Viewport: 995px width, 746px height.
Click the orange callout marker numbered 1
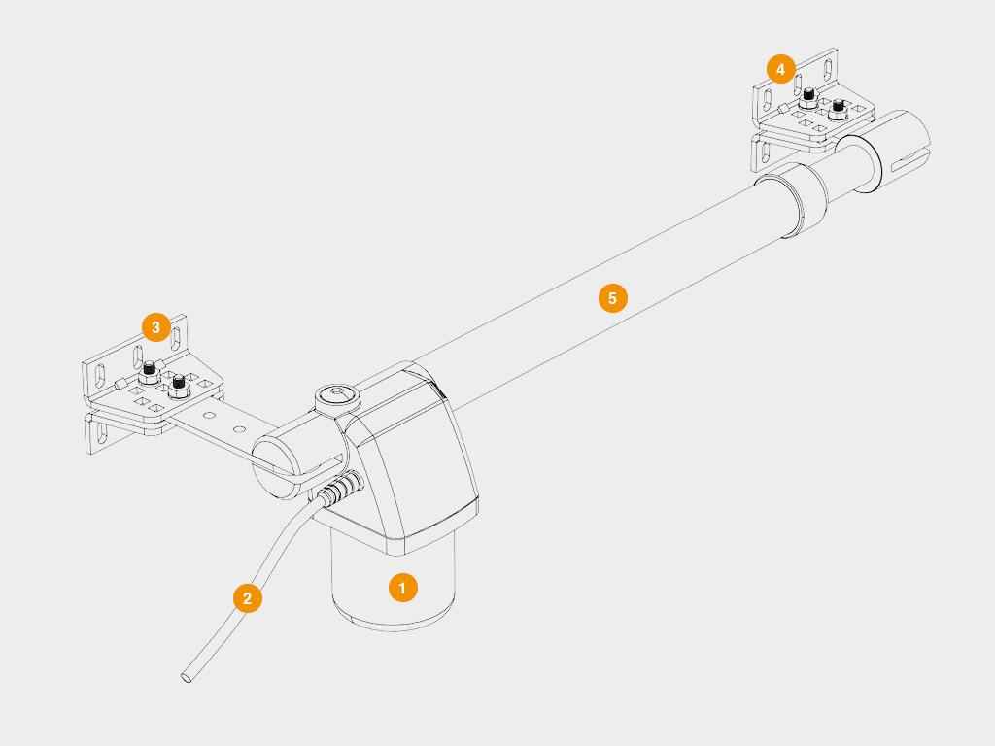pos(403,588)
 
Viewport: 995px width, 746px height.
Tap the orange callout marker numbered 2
pos(248,597)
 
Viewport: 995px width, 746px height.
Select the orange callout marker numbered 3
pos(156,327)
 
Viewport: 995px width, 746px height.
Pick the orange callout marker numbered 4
pos(780,69)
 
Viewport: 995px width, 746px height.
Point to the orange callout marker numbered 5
pos(612,298)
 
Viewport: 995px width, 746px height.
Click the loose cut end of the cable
pos(187,677)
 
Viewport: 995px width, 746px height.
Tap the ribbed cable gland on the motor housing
pos(341,488)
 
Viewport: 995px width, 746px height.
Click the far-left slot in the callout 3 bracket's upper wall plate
pos(100,375)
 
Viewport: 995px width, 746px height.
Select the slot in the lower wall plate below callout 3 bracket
pos(101,433)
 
